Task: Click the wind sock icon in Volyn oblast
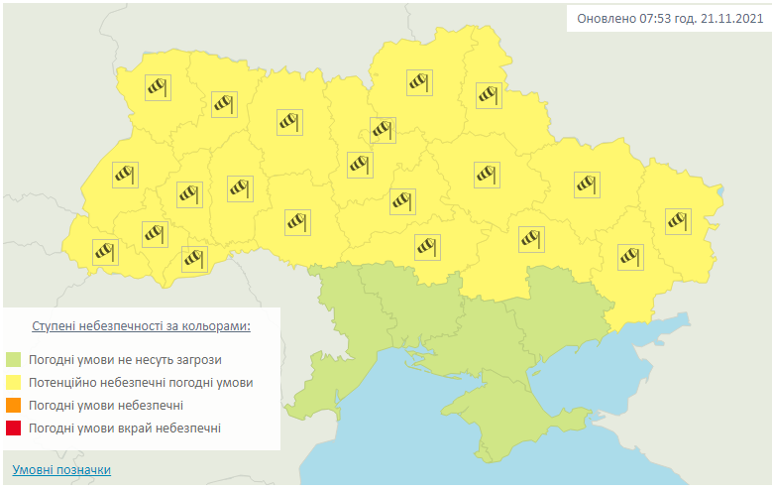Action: (x=158, y=87)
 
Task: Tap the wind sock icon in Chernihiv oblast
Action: (x=420, y=82)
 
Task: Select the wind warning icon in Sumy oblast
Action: (x=489, y=94)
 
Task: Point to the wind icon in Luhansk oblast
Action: (x=678, y=221)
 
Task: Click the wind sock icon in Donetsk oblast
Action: (x=630, y=256)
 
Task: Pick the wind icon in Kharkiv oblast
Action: (x=588, y=184)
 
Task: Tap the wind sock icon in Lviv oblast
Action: (x=124, y=175)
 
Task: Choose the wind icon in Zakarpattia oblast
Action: (x=105, y=251)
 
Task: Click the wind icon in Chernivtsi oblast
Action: (x=194, y=258)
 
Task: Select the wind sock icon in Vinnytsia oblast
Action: (x=297, y=221)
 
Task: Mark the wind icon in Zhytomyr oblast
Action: (x=287, y=122)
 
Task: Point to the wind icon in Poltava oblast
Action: (x=486, y=175)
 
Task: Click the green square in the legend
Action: (x=14, y=359)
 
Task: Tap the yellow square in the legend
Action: (x=14, y=382)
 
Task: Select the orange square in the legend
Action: (x=14, y=405)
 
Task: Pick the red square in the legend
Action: (x=14, y=428)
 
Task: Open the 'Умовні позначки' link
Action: (x=61, y=470)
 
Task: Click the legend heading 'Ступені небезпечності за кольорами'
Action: (x=141, y=325)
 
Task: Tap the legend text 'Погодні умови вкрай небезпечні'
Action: (x=125, y=428)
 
